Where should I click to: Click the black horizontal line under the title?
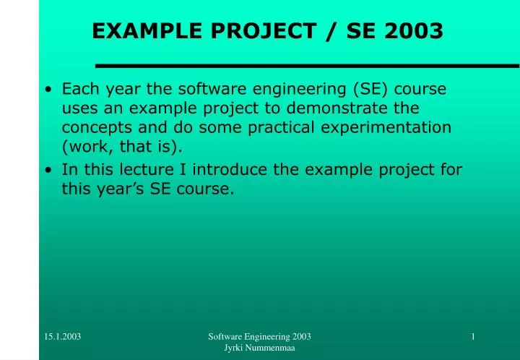tap(307, 66)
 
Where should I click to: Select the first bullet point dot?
tap(48, 90)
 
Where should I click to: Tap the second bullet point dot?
tap(48, 171)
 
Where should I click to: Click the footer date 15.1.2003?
tap(62, 337)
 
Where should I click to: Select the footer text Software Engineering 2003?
tap(259, 337)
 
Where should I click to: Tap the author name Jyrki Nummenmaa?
tap(259, 349)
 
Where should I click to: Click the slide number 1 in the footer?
tap(472, 337)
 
